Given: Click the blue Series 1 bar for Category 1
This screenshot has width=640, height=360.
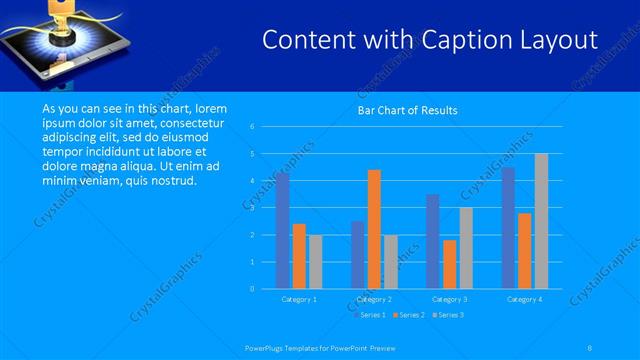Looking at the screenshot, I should coord(283,231).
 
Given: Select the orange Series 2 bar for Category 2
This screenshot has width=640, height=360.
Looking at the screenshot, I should coord(374,229).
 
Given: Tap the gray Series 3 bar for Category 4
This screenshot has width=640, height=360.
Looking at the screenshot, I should coord(541,221).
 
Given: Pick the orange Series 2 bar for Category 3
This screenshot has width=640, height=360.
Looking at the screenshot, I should coord(449,264).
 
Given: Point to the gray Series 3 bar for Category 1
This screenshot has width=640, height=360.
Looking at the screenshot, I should coord(315,262).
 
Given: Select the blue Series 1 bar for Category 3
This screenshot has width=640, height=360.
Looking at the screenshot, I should coord(432,241).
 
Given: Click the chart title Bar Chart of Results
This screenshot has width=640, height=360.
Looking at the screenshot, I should coord(407,111).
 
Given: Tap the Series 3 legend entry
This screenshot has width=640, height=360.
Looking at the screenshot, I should coord(448,315).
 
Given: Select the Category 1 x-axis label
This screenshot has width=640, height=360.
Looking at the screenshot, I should coord(299,299).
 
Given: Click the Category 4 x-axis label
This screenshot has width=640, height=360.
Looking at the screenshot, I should coord(524,299).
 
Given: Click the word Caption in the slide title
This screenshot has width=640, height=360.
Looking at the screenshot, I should coord(465,40).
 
